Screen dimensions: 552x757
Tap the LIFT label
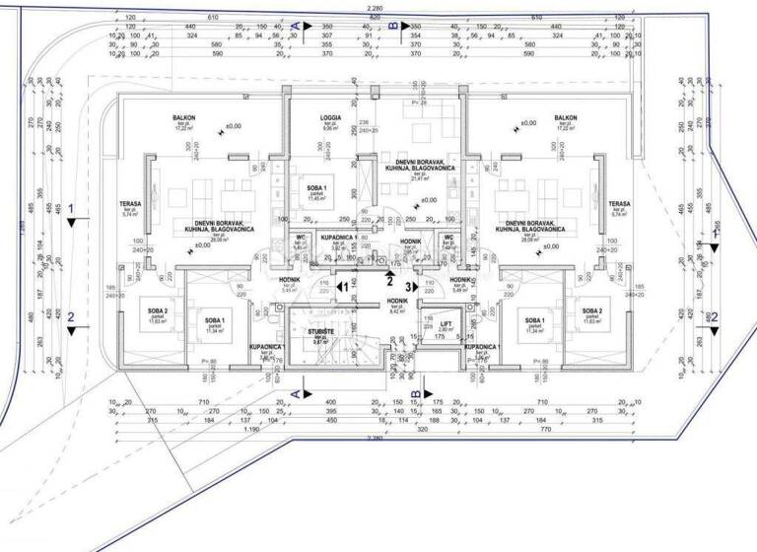(x=446, y=323)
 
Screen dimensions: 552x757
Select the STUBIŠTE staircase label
(x=318, y=332)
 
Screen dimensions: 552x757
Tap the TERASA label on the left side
(x=130, y=204)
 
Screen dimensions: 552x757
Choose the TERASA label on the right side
(x=620, y=204)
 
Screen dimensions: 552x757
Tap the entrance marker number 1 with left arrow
(x=343, y=287)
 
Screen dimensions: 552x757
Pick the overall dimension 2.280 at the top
(x=375, y=8)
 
